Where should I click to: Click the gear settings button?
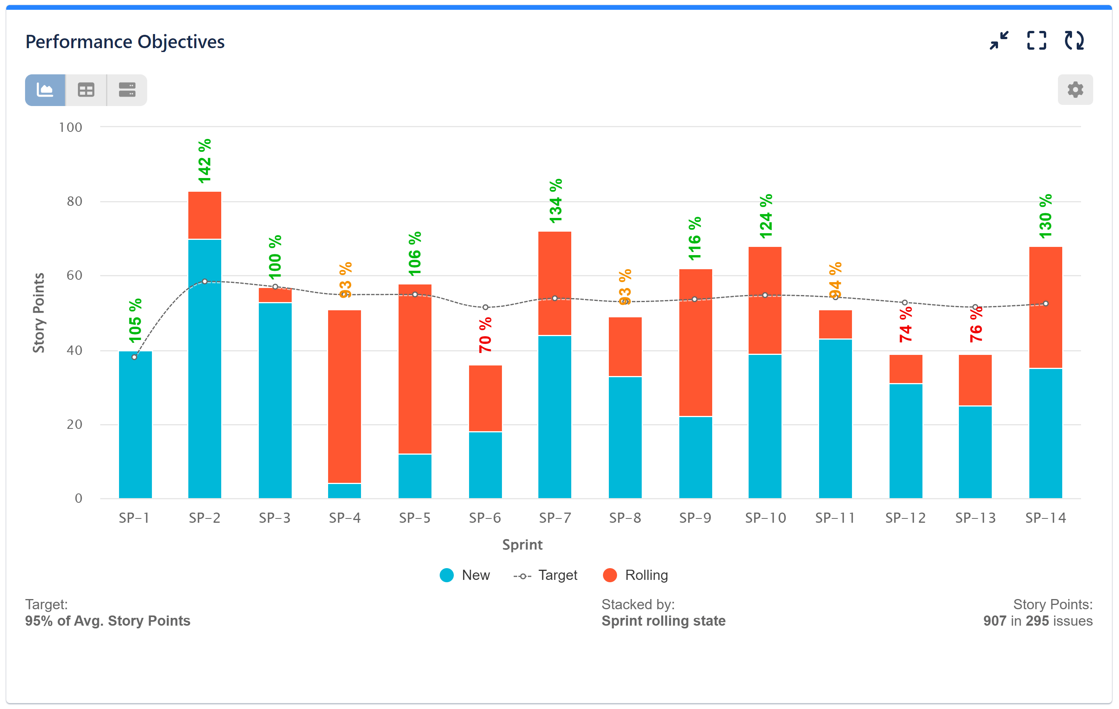(1075, 90)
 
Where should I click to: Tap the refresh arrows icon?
(1074, 40)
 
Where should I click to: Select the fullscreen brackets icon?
(1036, 40)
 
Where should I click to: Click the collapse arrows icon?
(999, 40)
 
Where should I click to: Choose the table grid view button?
(86, 90)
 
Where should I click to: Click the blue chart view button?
(45, 90)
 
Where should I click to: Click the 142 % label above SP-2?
(204, 161)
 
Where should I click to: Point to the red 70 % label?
(485, 335)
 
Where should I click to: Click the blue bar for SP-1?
(135, 425)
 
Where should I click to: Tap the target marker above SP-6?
(485, 308)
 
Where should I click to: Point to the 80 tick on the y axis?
(74, 202)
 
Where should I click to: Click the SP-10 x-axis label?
(765, 518)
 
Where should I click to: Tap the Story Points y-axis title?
(39, 313)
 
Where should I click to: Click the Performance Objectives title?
(125, 42)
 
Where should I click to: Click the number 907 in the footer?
(994, 621)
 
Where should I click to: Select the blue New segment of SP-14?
(1045, 433)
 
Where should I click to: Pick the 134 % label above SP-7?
(555, 201)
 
